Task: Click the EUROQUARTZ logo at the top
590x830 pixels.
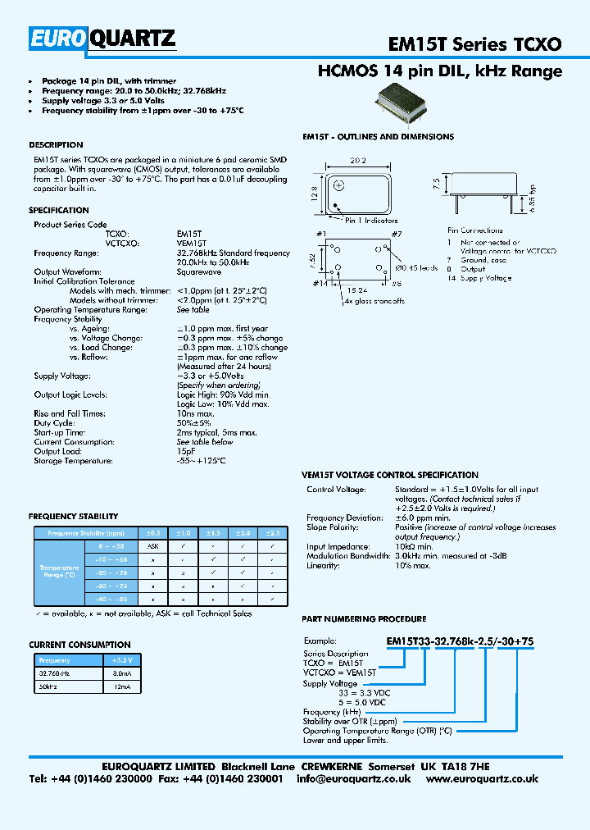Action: [102, 38]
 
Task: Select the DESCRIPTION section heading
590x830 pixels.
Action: [56, 145]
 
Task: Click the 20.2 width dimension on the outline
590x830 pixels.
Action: [357, 162]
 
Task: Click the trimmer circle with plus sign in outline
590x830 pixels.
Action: [338, 186]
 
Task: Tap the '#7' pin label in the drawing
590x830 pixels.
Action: [396, 235]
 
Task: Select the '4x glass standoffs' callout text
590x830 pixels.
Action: [374, 301]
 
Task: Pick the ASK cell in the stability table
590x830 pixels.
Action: [152, 545]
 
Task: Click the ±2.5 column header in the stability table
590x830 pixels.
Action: [272, 533]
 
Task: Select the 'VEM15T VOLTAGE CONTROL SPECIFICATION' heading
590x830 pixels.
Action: [390, 475]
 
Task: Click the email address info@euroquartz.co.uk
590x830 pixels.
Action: [353, 778]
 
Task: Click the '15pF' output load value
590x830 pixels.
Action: [186, 451]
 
